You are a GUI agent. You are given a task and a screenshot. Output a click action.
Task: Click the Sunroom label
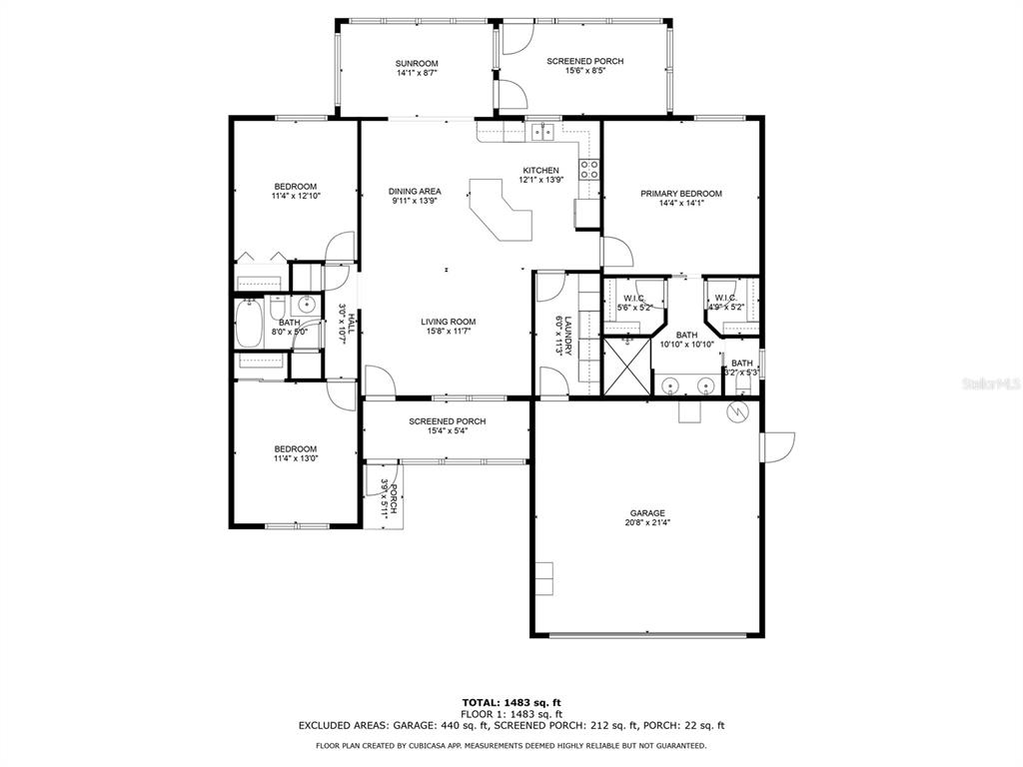coord(417,63)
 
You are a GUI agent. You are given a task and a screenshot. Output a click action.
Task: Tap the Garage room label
coord(647,513)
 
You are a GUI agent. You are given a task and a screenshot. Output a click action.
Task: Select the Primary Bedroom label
coord(681,194)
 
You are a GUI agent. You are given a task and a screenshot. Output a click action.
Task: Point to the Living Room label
coord(449,322)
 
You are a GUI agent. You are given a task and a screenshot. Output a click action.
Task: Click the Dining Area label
coord(415,191)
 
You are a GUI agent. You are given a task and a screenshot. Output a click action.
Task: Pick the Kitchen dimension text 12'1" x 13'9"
coord(541,180)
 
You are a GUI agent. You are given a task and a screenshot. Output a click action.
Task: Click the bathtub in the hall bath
coord(249,324)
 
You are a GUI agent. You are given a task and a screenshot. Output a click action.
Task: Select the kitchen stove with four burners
coord(589,170)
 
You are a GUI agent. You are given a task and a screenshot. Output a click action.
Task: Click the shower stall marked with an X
coord(627,366)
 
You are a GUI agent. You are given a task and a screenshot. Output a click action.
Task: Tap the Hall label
coord(351,323)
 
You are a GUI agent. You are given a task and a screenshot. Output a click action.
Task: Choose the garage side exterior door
coord(777,447)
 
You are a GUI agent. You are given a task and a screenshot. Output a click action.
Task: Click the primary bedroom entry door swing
coord(616,252)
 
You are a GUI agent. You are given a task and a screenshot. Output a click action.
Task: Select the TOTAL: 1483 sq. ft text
coord(511,702)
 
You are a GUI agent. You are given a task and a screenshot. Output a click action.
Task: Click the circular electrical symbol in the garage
coord(737,410)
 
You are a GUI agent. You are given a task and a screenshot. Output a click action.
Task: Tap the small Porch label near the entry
coord(393,498)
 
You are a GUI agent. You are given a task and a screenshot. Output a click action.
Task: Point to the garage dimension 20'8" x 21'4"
coord(647,522)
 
